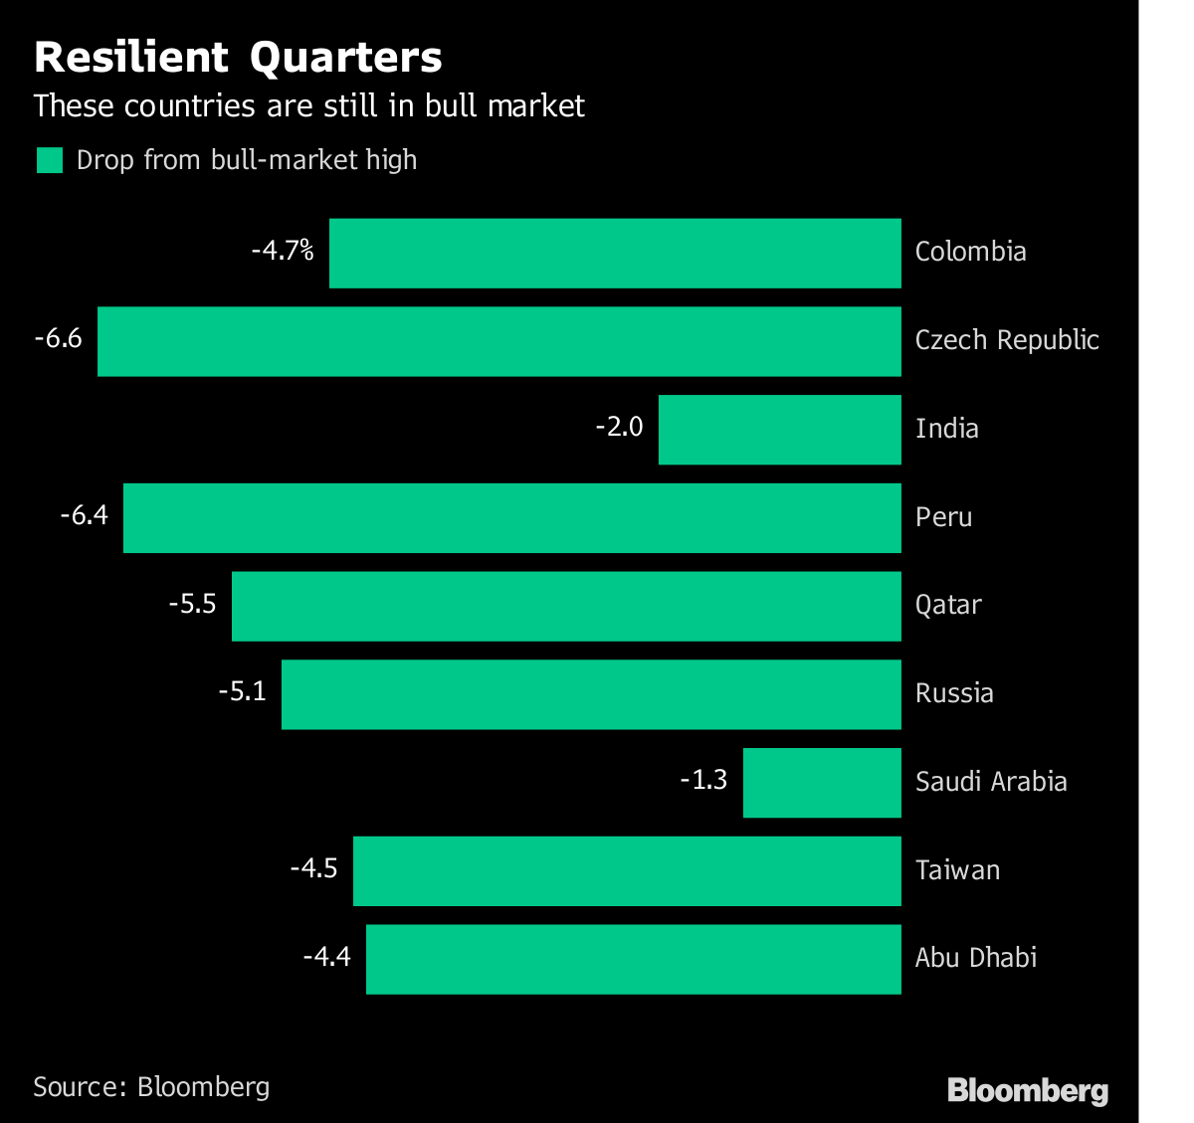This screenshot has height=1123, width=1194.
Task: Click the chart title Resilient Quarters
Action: [x=238, y=58]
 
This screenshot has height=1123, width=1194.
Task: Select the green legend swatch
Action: [x=50, y=160]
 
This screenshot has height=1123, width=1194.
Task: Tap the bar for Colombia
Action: [x=615, y=253]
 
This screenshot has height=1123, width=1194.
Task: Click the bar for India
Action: [x=779, y=430]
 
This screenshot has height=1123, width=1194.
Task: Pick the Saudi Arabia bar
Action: [x=822, y=783]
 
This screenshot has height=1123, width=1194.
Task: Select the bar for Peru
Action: [x=511, y=518]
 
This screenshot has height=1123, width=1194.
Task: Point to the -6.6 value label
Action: [x=58, y=339]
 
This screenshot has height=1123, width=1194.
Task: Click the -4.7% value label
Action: [x=283, y=251]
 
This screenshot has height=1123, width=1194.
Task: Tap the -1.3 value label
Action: [x=703, y=780]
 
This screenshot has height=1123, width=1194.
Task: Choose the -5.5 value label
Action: [x=192, y=604]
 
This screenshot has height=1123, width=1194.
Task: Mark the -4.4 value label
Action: [x=327, y=957]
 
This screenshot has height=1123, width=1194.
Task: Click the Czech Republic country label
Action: [x=1007, y=340]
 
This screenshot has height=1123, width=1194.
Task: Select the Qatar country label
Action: [x=948, y=605]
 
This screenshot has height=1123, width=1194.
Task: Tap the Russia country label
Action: [x=954, y=693]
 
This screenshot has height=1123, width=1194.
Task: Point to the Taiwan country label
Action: [x=957, y=870]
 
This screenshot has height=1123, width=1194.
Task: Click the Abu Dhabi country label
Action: [x=976, y=958]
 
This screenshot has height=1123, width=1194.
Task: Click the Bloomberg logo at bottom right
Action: [x=1028, y=1090]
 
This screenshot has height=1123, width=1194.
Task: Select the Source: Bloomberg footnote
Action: [x=151, y=1086]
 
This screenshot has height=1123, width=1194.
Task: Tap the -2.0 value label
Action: [x=619, y=428]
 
